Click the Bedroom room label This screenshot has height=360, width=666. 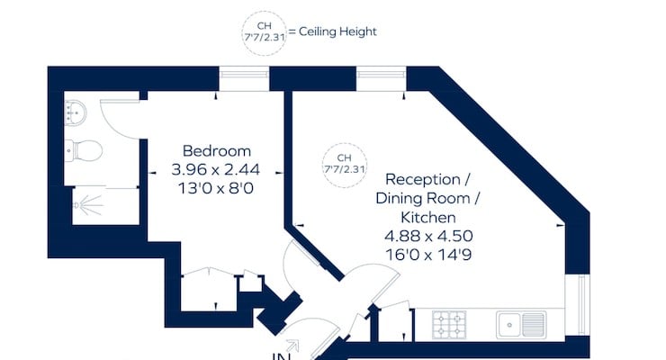[x=216, y=151]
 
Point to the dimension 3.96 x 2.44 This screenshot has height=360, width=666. [x=216, y=168]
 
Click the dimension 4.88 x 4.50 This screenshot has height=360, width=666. [x=428, y=236]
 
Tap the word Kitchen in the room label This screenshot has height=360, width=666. [x=428, y=218]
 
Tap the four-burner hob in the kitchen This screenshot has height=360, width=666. [x=450, y=322]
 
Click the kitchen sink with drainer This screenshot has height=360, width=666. [x=521, y=322]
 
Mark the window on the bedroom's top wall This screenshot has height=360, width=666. [x=243, y=78]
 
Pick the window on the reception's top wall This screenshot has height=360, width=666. [x=381, y=78]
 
